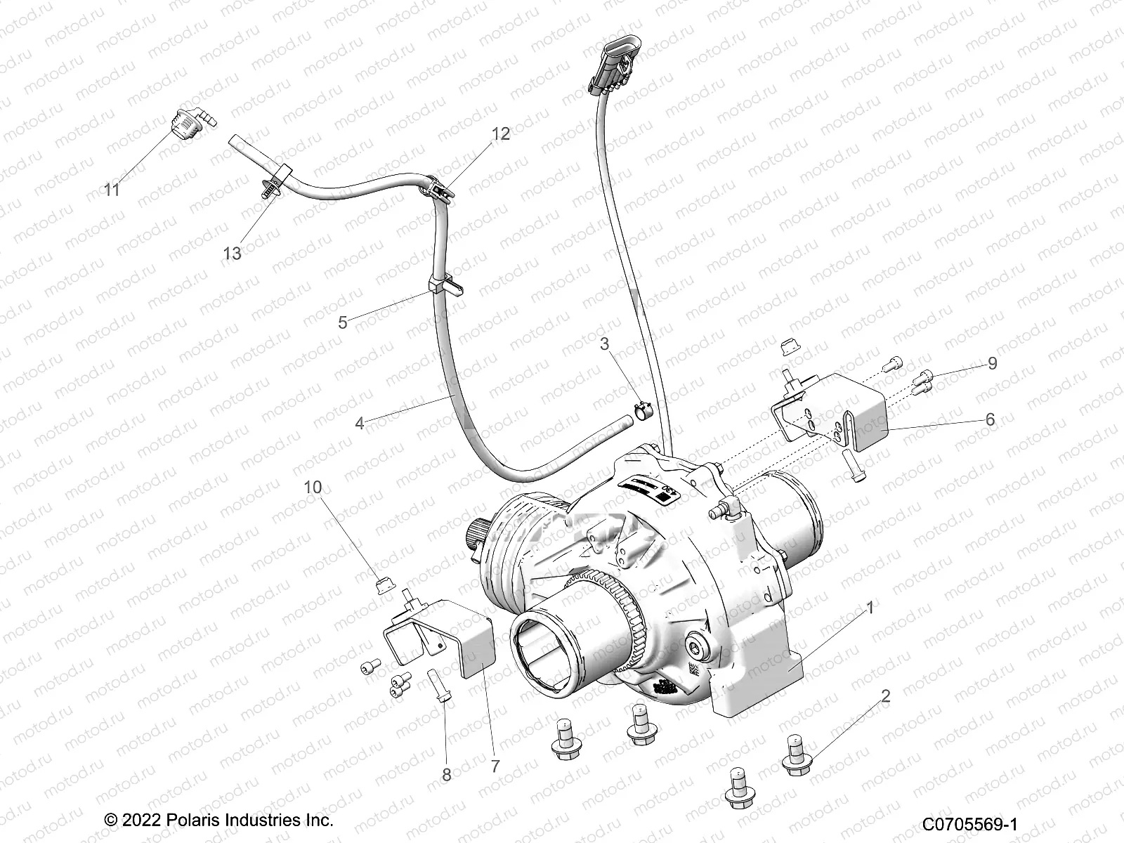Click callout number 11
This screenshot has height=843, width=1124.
[x=112, y=190]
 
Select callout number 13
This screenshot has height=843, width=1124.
[x=232, y=253]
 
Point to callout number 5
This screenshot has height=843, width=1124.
[x=343, y=322]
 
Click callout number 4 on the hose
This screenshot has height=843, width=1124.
[x=360, y=424]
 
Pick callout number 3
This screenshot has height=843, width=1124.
[x=604, y=344]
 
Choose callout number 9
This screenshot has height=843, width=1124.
[x=992, y=363]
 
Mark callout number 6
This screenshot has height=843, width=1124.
[x=990, y=419]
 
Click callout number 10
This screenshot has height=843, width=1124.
[x=313, y=487]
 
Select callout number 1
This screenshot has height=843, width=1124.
[x=870, y=608]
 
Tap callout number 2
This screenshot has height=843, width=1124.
[x=886, y=696]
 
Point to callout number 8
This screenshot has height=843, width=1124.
[x=446, y=775]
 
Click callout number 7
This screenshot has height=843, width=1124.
[x=495, y=766]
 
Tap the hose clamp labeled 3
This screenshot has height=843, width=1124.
[x=643, y=411]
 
